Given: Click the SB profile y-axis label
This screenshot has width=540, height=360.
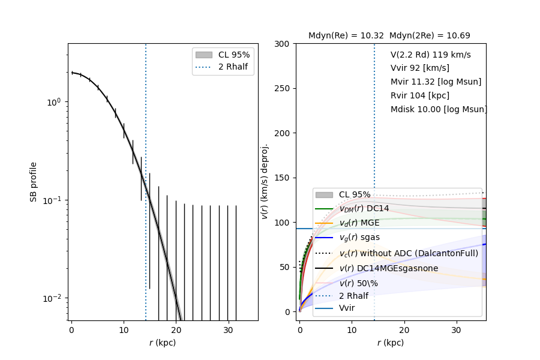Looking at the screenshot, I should (34, 182).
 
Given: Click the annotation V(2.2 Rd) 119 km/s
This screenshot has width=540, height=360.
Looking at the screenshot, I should (430, 55).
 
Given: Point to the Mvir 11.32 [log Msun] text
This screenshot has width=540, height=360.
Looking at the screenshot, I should (436, 82).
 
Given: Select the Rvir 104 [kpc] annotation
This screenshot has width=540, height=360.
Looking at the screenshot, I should (419, 95).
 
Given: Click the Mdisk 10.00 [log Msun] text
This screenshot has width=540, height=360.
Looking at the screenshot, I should (439, 109).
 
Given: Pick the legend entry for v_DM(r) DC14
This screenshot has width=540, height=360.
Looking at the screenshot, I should (364, 209).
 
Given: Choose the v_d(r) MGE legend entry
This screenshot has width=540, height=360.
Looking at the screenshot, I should (360, 223).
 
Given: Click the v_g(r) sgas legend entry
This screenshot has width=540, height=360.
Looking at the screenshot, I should (359, 238).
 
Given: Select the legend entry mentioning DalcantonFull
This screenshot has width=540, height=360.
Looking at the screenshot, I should (409, 253).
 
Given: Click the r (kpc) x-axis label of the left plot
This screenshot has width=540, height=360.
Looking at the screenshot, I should (163, 343).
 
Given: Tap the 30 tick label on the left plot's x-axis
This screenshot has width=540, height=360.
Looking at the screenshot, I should (228, 330).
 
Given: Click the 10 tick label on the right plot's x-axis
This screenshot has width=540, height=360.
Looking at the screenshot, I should (352, 330).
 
